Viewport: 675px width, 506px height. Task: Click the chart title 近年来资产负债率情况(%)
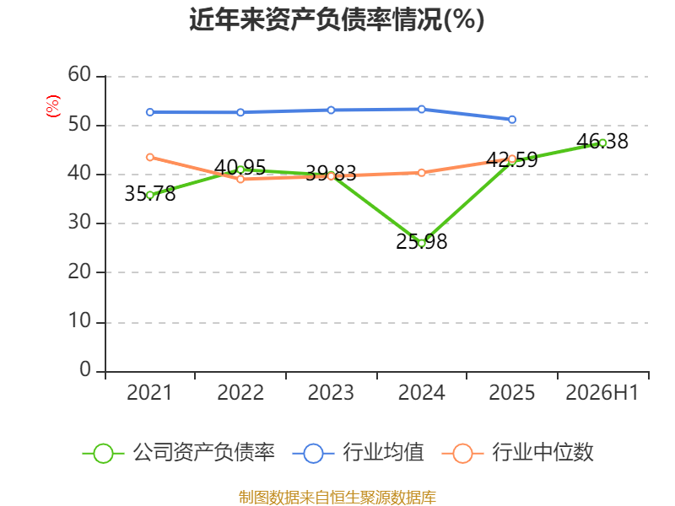pyautogui.click(x=337, y=19)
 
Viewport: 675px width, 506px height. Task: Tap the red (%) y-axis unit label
pyautogui.click(x=53, y=106)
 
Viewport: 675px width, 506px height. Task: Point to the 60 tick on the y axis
pyautogui.click(x=79, y=74)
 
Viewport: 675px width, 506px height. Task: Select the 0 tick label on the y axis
pyautogui.click(x=85, y=369)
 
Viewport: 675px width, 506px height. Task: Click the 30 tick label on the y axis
pyautogui.click(x=79, y=222)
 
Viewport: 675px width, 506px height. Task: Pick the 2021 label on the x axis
pyautogui.click(x=149, y=392)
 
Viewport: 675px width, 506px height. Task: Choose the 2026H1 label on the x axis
pyautogui.click(x=602, y=392)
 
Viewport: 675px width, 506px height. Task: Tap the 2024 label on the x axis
pyautogui.click(x=421, y=392)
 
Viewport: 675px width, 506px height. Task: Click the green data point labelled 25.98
pyautogui.click(x=421, y=244)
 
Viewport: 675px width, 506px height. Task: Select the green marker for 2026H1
pyautogui.click(x=602, y=143)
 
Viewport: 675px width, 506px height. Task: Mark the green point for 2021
pyautogui.click(x=150, y=196)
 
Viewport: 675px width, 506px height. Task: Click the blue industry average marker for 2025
pyautogui.click(x=512, y=120)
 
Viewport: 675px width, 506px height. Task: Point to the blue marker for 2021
pyautogui.click(x=150, y=112)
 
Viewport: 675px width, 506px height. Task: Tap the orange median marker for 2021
pyautogui.click(x=150, y=158)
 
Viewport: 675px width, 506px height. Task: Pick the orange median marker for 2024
pyautogui.click(x=421, y=173)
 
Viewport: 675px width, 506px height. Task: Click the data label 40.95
pyautogui.click(x=240, y=167)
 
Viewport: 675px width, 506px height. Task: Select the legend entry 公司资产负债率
pyautogui.click(x=178, y=453)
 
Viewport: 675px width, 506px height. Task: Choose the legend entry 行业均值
pyautogui.click(x=358, y=453)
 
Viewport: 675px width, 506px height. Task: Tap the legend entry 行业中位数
pyautogui.click(x=518, y=453)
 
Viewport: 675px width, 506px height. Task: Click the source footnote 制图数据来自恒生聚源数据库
pyautogui.click(x=337, y=498)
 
